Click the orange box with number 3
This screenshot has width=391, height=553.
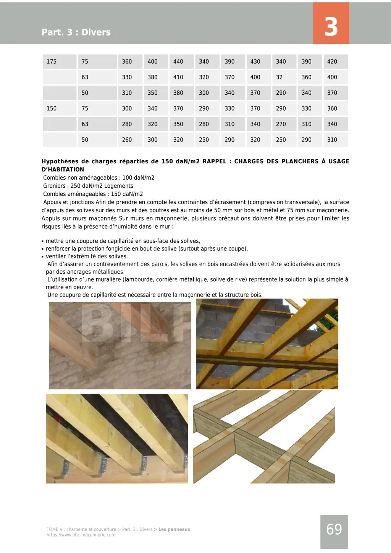(331, 23)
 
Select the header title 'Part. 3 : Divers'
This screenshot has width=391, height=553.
(76, 32)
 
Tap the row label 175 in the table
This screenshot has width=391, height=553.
(52, 61)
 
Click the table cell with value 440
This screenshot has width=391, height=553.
(178, 61)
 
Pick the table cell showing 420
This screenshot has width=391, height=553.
(332, 61)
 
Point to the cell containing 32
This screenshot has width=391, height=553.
(280, 77)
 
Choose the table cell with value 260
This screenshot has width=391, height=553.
(127, 140)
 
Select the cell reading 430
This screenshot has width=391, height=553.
(255, 61)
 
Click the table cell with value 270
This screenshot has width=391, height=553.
(281, 124)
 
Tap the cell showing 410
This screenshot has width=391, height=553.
(178, 77)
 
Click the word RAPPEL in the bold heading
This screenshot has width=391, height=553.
(215, 161)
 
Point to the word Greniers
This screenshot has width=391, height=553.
(54, 186)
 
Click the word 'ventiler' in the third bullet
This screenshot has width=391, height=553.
(56, 256)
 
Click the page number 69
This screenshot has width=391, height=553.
(334, 530)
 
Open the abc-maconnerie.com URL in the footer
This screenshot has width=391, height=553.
(81, 535)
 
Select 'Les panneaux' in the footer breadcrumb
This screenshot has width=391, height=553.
(174, 529)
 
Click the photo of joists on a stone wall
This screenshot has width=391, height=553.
(120, 345)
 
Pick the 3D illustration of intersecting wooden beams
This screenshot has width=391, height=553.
(264, 439)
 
